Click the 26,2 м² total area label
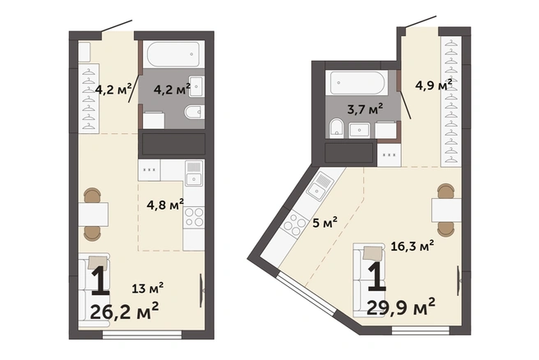click(x=124, y=311)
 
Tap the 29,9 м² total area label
click(x=401, y=307)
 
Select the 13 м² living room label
click(x=148, y=288)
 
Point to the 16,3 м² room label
click(x=412, y=246)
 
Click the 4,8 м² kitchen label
click(x=165, y=205)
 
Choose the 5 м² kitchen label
click(x=325, y=223)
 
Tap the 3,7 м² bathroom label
click(x=365, y=109)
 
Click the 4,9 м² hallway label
click(x=434, y=85)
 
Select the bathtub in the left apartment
click(x=173, y=54)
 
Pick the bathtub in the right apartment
click(x=357, y=83)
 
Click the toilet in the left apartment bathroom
click(x=194, y=112)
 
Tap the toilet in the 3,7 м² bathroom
click(x=337, y=128)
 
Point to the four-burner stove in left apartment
click(x=194, y=217)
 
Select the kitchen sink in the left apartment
click(x=194, y=173)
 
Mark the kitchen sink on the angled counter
click(x=320, y=187)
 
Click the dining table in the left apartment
click(x=93, y=215)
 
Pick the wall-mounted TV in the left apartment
click(x=201, y=290)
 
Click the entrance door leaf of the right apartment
click(x=421, y=21)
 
